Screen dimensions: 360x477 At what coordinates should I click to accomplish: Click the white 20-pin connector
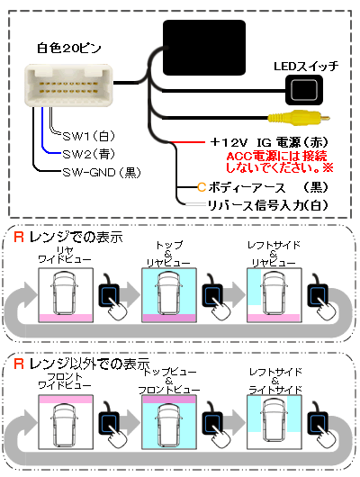(x=68, y=85)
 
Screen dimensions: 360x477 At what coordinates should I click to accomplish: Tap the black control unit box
(x=204, y=48)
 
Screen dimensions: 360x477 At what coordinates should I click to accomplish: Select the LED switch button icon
(x=304, y=90)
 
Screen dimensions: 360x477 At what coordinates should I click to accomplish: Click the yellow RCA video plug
(x=299, y=118)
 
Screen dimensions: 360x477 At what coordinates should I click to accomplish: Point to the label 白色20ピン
(x=69, y=49)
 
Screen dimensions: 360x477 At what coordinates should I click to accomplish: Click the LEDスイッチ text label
(x=306, y=66)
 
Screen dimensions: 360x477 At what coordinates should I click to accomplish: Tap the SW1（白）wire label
(x=89, y=136)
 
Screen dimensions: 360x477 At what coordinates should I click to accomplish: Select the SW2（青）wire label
(x=89, y=154)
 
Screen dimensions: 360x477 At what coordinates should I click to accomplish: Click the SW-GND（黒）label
(x=102, y=173)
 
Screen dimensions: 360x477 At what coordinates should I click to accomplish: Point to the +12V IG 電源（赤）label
(x=269, y=142)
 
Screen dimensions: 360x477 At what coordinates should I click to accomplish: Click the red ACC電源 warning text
(x=280, y=162)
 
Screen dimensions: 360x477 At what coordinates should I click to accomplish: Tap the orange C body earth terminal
(x=202, y=187)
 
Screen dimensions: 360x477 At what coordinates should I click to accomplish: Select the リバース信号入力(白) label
(x=268, y=205)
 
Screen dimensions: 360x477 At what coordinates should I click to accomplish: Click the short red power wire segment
(x=187, y=142)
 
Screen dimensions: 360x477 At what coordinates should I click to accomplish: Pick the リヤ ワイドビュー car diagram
(x=66, y=295)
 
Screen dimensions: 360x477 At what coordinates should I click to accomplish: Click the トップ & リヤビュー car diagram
(x=169, y=295)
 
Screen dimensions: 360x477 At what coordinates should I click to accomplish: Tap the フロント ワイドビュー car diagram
(x=66, y=421)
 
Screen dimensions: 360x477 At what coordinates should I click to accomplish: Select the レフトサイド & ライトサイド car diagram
(x=274, y=421)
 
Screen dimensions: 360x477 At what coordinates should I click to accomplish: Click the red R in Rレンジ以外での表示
(x=19, y=364)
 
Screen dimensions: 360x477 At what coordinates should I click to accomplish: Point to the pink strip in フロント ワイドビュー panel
(x=66, y=400)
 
